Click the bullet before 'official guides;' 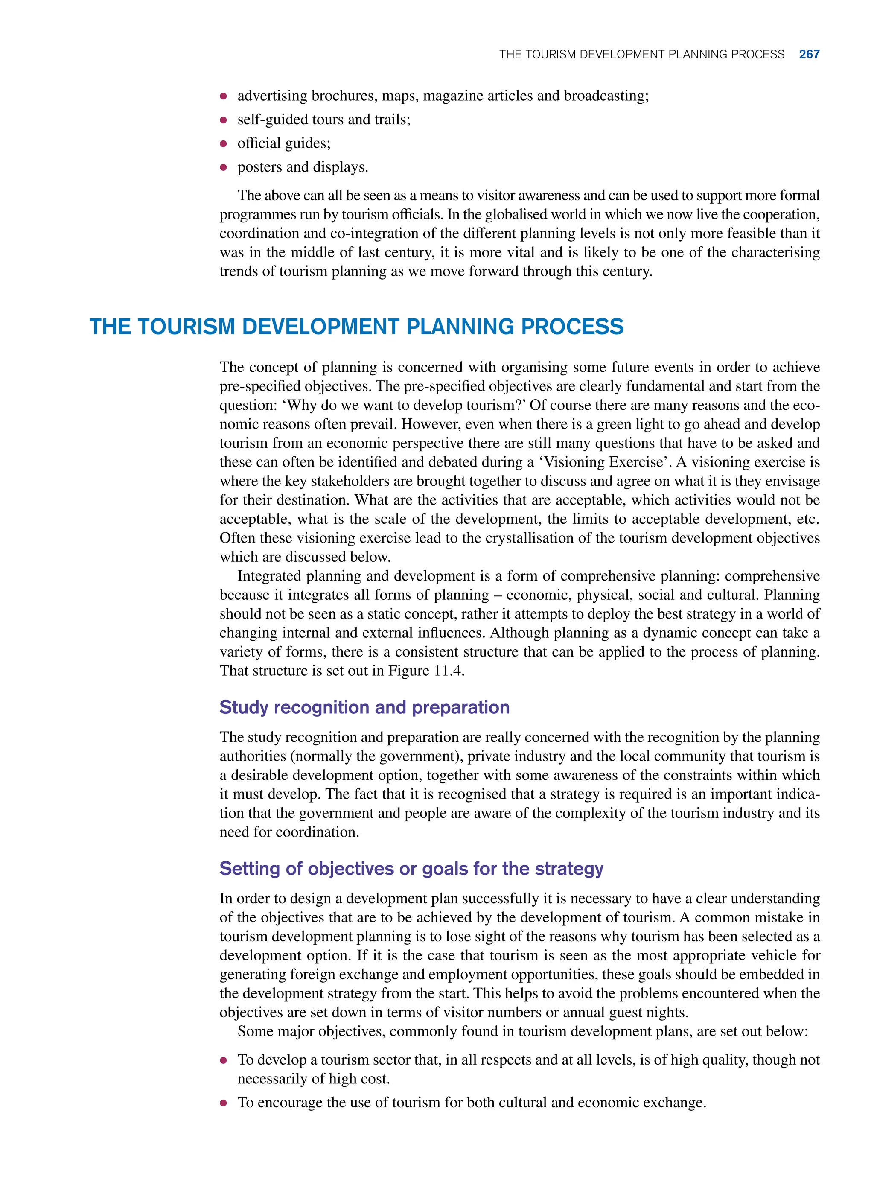click(x=223, y=144)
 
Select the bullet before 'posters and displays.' click(x=223, y=168)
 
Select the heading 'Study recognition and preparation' click(x=364, y=707)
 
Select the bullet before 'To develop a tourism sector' click(x=223, y=1060)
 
